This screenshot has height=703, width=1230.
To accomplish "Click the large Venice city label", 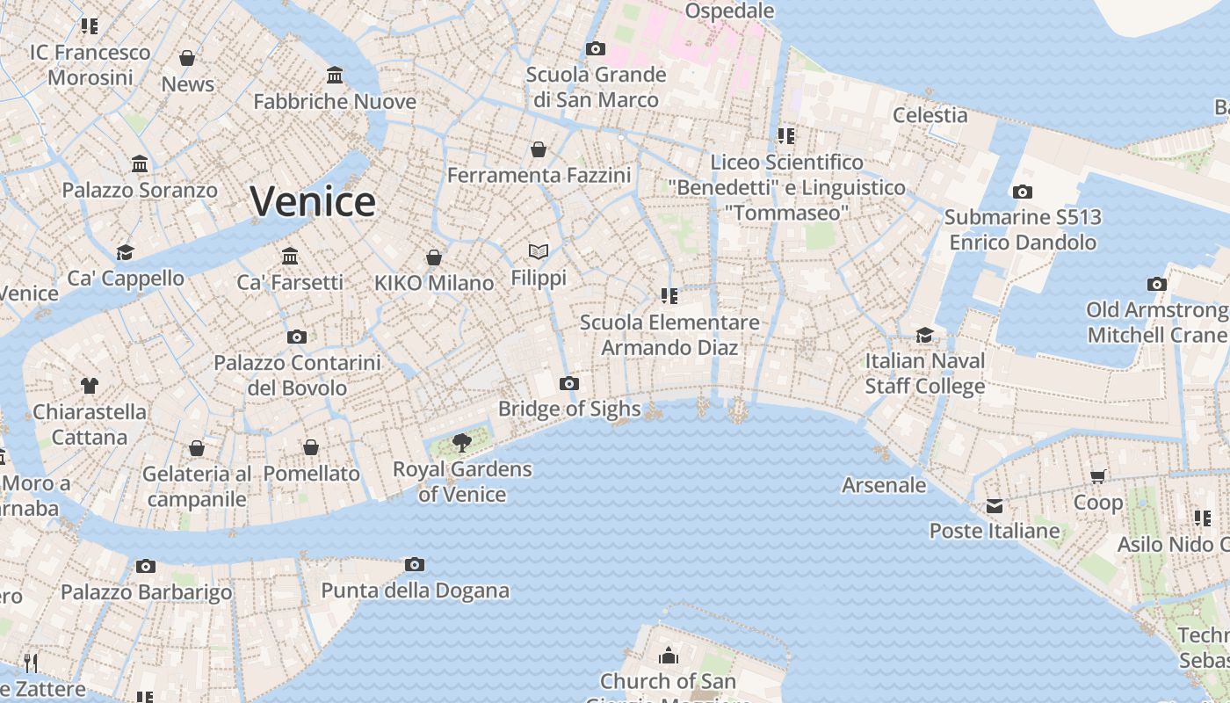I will (x=313, y=202).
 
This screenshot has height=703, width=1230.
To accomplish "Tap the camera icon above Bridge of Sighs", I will (x=569, y=383).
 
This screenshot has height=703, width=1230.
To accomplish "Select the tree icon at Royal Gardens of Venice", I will (x=461, y=442).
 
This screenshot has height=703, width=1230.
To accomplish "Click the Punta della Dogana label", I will (x=415, y=590).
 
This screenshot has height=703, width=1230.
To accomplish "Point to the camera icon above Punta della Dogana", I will (x=415, y=564).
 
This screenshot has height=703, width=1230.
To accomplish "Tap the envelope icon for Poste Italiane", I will (x=994, y=506).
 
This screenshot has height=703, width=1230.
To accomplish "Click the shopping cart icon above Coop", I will (x=1097, y=476).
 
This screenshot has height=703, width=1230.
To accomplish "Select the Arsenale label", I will (x=884, y=485).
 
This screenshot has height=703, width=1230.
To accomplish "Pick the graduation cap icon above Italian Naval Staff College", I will (x=924, y=335).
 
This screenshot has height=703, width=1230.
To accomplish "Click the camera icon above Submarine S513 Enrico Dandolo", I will (x=1022, y=192).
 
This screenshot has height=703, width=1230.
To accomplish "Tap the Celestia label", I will (x=930, y=115).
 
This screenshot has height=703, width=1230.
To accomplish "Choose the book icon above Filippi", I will (x=539, y=252).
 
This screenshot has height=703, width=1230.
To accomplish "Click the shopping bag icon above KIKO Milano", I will (x=433, y=257).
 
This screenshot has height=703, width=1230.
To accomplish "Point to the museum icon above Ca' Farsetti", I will (x=290, y=257).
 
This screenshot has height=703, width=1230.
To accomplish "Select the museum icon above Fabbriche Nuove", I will (x=335, y=76).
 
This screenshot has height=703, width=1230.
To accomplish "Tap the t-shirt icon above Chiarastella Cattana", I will (x=90, y=385).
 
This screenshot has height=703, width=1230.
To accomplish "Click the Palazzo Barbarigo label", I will (x=147, y=592).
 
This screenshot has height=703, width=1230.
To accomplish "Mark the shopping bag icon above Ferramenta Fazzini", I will (x=539, y=149).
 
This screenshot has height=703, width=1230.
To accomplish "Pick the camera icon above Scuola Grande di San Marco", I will (x=596, y=48).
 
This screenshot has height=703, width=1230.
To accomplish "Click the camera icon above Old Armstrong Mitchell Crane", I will (x=1157, y=284).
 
